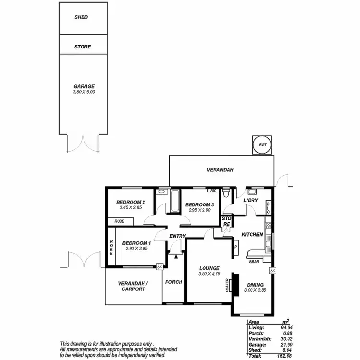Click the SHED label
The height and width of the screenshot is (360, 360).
click(81, 17)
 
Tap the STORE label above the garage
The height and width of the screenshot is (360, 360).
click(82, 47)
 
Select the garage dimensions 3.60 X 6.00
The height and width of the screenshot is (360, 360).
click(84, 92)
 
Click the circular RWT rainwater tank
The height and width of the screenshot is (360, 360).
click(263, 144)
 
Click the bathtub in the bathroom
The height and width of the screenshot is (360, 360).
click(173, 202)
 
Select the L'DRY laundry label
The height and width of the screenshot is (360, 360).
click(251, 200)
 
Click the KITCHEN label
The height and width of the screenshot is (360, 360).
click(252, 234)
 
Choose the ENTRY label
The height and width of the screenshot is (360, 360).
click(177, 236)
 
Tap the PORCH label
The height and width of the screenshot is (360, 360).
click(173, 282)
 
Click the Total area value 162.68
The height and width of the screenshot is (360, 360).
click(285, 356)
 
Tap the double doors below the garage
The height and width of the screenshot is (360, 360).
click(83, 143)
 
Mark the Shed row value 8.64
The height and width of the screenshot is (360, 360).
click(287, 350)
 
